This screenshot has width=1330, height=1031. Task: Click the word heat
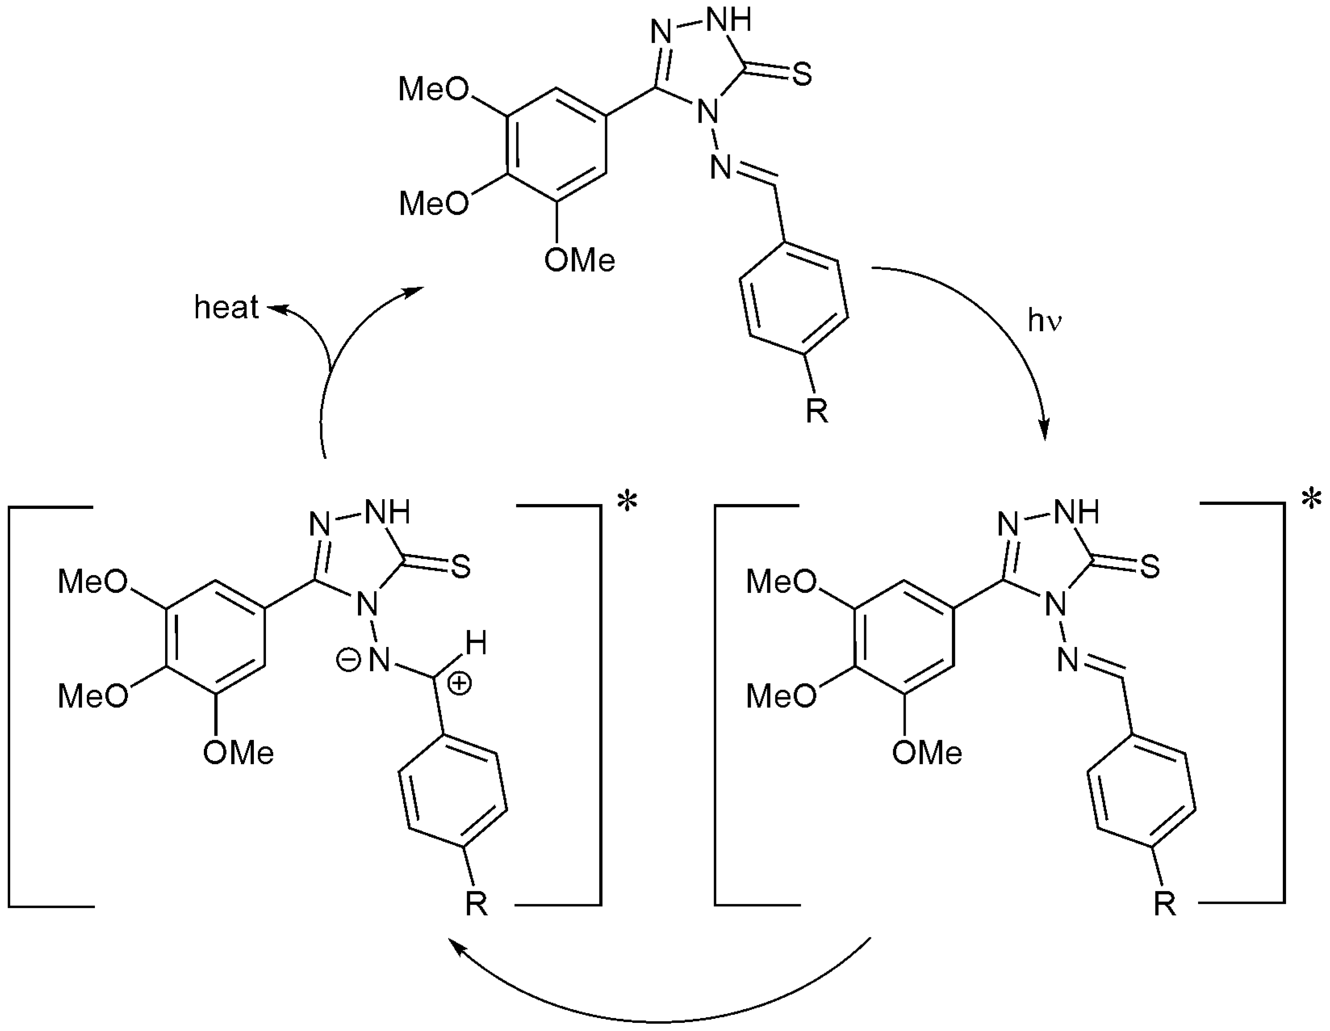pos(226,307)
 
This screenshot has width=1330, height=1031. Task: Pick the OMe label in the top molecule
pos(580,261)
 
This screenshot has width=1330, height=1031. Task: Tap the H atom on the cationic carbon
pos(477,643)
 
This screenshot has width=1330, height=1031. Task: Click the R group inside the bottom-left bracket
pos(476,905)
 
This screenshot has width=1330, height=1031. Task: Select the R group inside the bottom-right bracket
pos(1165,905)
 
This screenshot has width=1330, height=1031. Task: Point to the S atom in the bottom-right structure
pos(1150,568)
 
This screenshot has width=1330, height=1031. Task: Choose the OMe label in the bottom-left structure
pos(238,753)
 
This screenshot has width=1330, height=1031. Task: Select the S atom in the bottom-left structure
pos(461,568)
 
